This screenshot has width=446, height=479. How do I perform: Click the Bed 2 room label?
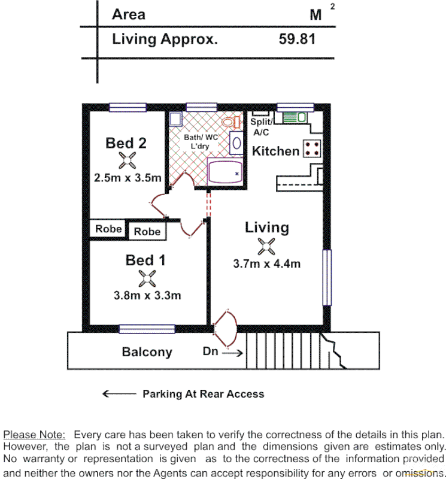coord(126,143)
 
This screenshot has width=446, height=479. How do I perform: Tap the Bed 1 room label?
coord(145,260)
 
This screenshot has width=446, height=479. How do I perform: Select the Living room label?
coord(267,228)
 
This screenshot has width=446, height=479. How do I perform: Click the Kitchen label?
coord(275,151)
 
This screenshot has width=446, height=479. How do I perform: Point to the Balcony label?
coord(147,352)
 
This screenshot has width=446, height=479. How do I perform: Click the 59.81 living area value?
coord(297,40)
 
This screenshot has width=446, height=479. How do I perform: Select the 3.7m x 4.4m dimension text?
coord(267,263)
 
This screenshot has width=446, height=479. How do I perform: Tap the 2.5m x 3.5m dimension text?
coord(128,178)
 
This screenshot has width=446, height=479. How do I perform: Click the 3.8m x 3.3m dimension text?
coord(147,295)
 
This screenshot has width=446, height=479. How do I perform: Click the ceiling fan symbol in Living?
coord(266,245)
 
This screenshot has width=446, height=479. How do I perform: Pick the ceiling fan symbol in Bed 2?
coord(128,160)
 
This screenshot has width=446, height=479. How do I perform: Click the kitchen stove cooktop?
coord(312,148)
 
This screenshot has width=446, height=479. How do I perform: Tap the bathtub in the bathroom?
coord(225,171)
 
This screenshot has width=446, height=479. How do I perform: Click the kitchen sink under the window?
coord(293,117)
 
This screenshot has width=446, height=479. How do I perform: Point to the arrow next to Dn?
coord(233,353)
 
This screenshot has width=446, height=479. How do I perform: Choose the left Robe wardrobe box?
coord(108,229)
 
